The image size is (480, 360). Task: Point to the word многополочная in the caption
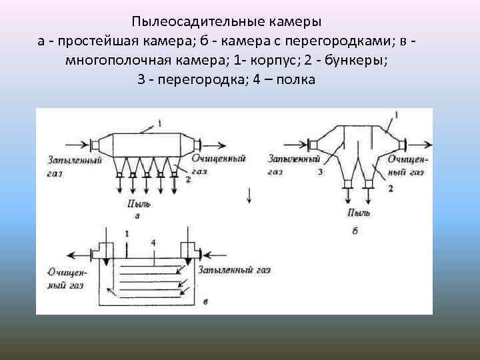pyautogui.click(x=109, y=60)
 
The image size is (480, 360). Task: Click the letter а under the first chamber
pyautogui.click(x=137, y=215)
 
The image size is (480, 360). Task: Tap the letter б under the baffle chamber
pyautogui.click(x=355, y=230)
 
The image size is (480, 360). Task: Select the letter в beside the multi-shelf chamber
pyautogui.click(x=205, y=302)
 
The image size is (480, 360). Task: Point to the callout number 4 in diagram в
pyautogui.click(x=154, y=242)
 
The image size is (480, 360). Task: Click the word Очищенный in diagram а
pyautogui.click(x=219, y=159)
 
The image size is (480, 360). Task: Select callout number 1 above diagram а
pyautogui.click(x=160, y=122)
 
